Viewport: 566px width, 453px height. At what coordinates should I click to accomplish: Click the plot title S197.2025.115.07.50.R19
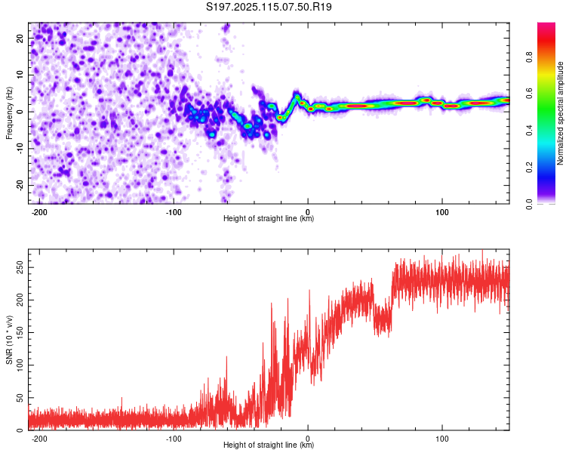coord(269,7)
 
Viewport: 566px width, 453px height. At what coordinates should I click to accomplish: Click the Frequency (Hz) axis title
coord(9,113)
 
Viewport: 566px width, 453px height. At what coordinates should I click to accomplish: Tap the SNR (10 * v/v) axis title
coord(9,340)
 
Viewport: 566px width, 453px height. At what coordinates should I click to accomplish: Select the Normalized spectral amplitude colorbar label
coord(560,113)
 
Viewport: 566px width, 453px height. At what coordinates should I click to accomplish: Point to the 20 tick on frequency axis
coord(20,38)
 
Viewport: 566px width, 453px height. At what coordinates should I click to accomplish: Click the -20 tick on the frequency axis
coord(20,185)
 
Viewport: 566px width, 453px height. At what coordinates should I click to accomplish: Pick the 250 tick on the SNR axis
coord(20,268)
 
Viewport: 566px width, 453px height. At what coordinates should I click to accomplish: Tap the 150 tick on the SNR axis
coord(20,333)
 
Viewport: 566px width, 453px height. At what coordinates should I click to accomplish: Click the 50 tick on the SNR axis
coord(20,398)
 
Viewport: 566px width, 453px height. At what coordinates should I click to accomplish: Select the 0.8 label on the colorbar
coord(529,57)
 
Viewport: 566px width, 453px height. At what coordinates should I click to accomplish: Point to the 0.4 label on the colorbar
coord(529,131)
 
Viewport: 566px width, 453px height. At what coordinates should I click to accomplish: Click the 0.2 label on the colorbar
coord(529,168)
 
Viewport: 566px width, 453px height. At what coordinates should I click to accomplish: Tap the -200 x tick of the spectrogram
coord(39,212)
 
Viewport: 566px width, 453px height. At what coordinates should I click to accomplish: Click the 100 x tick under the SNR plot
coord(441,439)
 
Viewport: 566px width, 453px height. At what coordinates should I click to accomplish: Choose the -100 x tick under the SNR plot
coord(174,439)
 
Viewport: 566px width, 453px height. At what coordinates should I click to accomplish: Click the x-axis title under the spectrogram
coord(269,218)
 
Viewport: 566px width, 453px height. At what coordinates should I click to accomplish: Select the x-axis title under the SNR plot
coord(269,445)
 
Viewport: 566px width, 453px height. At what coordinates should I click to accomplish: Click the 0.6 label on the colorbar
coord(529,94)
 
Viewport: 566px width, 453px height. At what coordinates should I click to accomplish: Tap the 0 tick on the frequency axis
coord(20,112)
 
